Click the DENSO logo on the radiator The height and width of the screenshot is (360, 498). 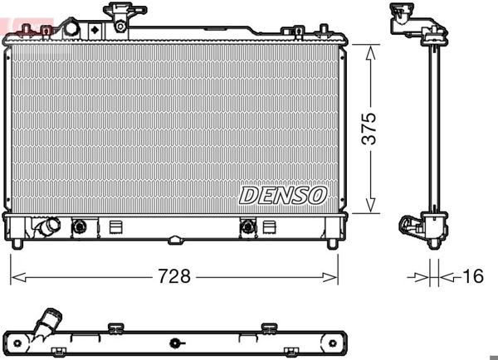click(283, 195)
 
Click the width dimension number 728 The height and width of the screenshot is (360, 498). click(173, 277)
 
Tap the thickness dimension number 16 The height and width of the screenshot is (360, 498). click(472, 277)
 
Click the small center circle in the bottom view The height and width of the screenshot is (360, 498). click(174, 343)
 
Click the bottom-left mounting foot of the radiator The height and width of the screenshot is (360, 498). click(17, 243)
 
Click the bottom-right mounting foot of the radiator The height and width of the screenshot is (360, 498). click(332, 243)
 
